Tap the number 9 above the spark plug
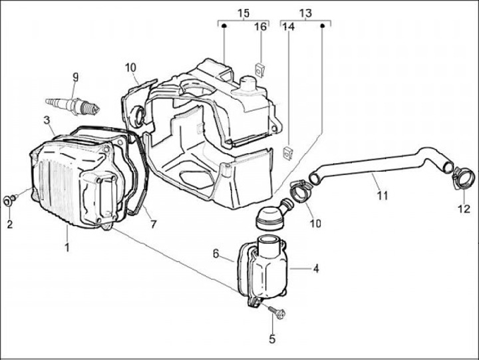[x=75, y=77]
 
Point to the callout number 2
[x=10, y=224]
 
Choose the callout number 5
[x=271, y=339]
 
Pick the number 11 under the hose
[x=382, y=196]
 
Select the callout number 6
[x=216, y=254]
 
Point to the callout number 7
[x=153, y=224]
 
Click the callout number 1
[x=67, y=248]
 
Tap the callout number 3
[x=47, y=120]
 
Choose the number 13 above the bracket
[x=305, y=13]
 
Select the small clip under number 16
[x=261, y=67]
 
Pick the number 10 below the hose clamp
[x=315, y=223]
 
